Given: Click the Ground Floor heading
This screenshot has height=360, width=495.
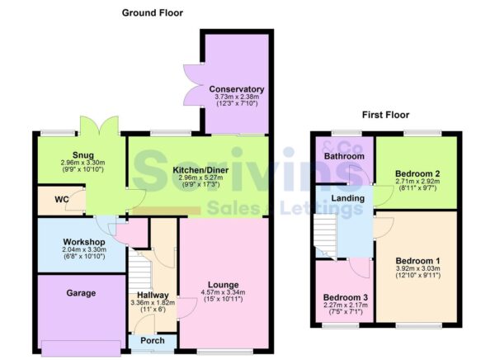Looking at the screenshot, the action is (153, 13).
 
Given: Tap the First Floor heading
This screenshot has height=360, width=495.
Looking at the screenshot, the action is (385, 115).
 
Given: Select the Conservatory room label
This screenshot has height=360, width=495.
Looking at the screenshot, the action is (237, 89).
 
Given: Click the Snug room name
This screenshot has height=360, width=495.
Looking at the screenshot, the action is (83, 155).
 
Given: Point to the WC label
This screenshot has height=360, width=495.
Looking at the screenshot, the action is (62, 200).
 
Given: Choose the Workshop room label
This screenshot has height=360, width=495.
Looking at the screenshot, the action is (84, 242).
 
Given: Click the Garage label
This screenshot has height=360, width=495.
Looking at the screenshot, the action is (81, 293).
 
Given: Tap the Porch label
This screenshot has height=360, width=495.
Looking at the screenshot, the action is (153, 340).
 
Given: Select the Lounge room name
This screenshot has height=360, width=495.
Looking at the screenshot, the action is (224, 285).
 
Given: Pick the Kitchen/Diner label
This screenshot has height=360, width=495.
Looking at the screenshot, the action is (200, 170).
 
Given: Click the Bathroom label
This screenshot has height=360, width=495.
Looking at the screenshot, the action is (344, 156).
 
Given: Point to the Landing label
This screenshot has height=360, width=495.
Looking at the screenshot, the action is (347, 198).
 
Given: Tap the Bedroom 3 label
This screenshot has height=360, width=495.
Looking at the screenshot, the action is (346, 297).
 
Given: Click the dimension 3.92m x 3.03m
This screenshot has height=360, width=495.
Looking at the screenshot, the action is (418, 268).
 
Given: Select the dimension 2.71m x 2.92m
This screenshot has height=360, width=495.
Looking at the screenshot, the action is (417, 182).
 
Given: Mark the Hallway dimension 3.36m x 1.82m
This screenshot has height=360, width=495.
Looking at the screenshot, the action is (153, 303).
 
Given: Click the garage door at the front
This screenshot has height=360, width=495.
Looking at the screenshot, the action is (81, 348).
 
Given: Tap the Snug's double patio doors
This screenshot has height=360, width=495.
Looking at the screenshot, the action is (100, 126).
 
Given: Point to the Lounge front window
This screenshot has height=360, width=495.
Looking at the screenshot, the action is (225, 351).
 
